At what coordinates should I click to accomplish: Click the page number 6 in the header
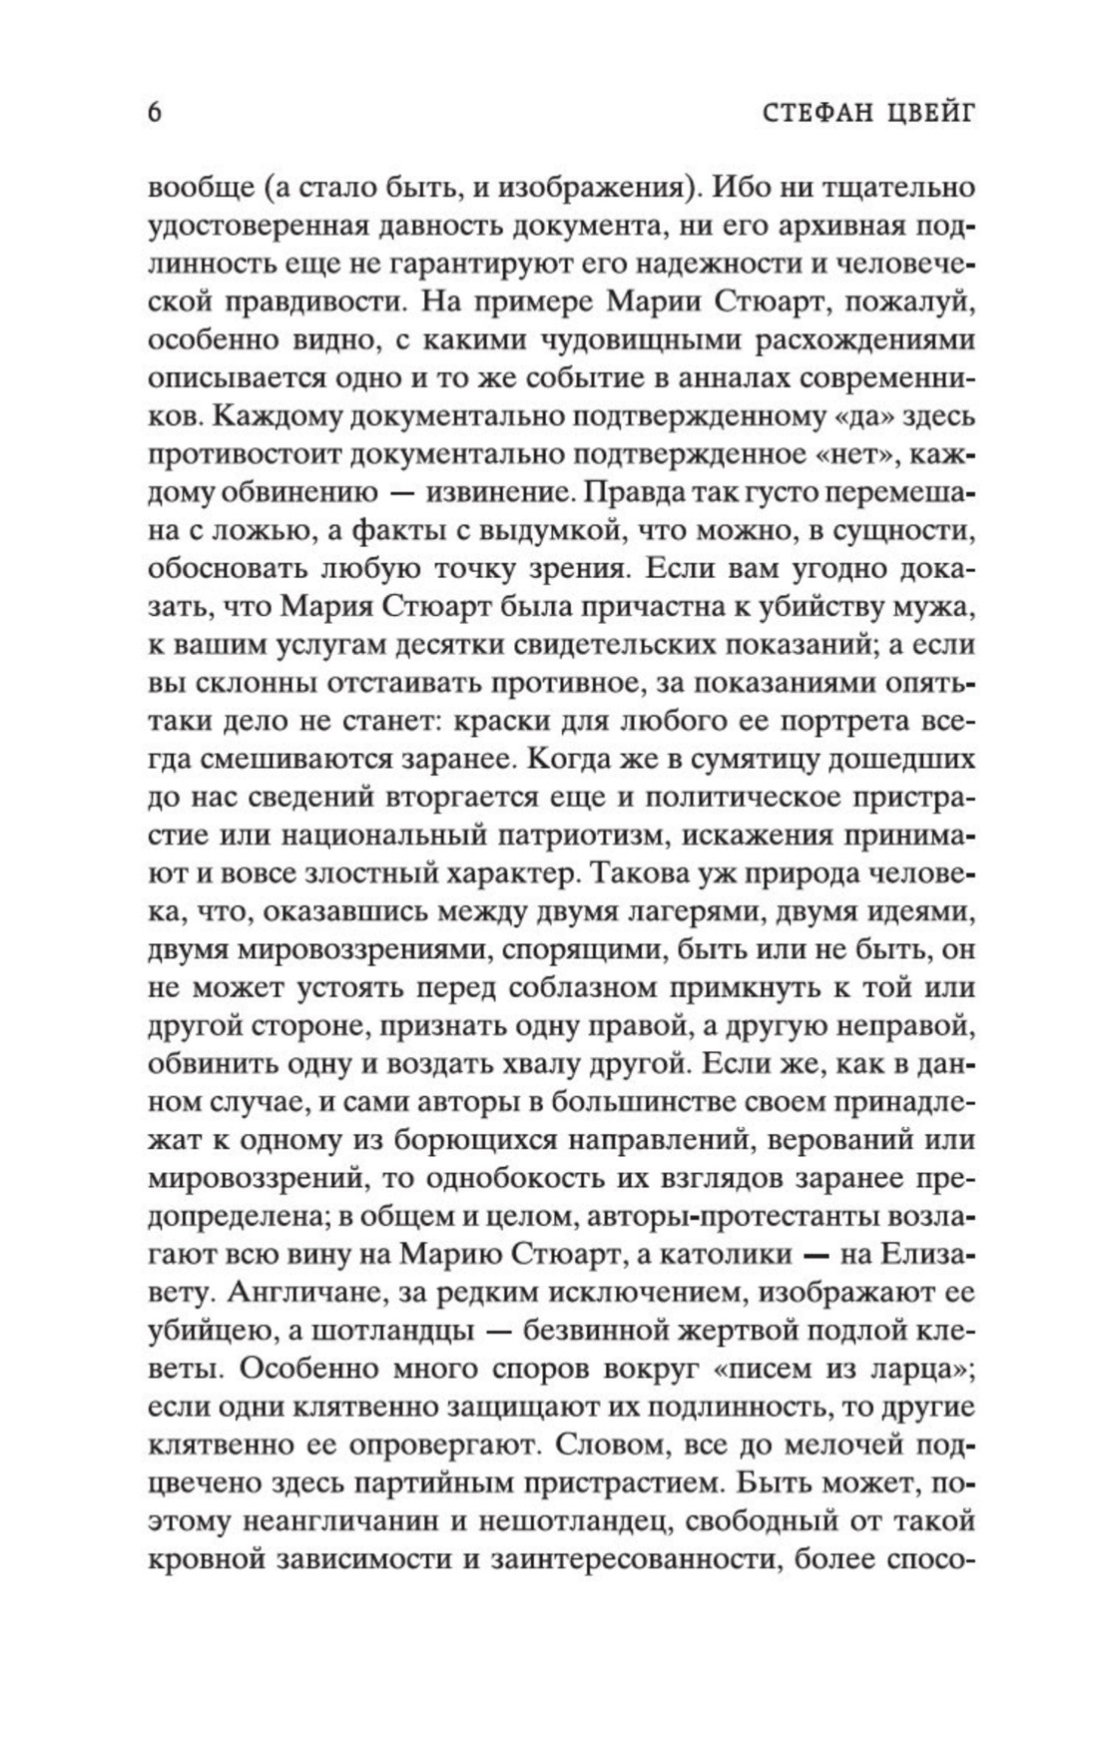click(x=155, y=113)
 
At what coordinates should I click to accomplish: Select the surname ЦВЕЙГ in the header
click(x=924, y=113)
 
